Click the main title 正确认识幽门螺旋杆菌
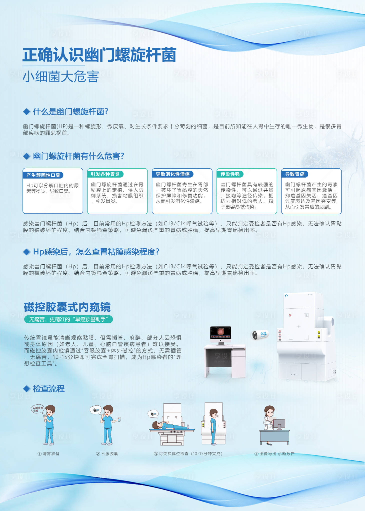99,55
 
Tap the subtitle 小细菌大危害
61,77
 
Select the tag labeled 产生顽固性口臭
43,175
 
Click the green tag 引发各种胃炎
105,174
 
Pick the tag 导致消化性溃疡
173,174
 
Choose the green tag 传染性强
230,174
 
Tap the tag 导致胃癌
295,174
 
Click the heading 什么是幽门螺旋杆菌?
70,112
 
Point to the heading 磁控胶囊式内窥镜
67,307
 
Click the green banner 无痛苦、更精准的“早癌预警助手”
68,319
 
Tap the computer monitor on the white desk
220,334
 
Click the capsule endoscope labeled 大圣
260,334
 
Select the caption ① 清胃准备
48,454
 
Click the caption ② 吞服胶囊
107,454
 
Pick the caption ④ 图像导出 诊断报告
274,454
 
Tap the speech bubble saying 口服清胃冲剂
38,409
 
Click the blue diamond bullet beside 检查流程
26,389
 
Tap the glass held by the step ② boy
119,419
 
